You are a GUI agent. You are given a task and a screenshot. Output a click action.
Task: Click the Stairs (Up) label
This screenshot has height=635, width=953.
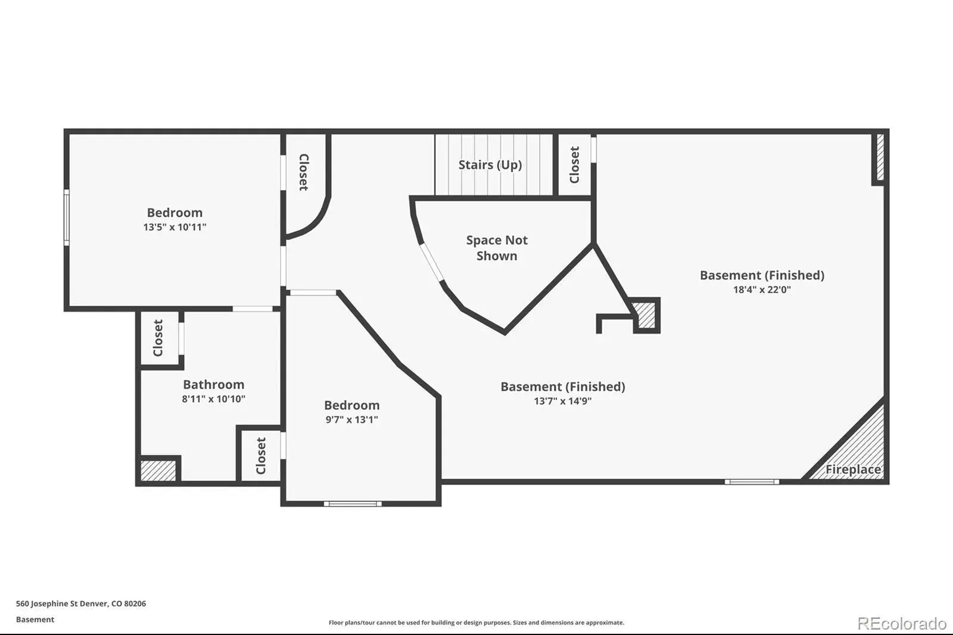point(490,165)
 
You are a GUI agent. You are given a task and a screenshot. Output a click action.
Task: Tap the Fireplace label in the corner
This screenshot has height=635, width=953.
point(853,469)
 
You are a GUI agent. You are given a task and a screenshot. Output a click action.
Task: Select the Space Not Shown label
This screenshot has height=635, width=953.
point(497,248)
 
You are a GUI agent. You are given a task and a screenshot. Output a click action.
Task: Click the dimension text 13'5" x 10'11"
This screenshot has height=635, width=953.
point(175,227)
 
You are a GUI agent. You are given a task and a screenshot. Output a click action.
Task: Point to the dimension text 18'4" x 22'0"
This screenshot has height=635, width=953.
point(762,290)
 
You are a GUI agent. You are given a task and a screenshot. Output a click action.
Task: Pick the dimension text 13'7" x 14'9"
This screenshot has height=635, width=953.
point(563,401)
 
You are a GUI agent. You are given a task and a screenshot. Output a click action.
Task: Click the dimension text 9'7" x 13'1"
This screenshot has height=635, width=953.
point(352,419)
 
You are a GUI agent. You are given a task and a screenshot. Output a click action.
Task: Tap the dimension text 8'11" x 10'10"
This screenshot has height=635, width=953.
point(214,399)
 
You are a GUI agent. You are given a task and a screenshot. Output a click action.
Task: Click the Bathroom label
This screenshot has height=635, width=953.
point(214,384)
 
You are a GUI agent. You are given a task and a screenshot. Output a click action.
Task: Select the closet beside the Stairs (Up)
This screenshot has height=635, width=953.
point(574,165)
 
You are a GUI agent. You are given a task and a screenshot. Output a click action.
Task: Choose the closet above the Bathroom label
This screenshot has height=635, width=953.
point(159,338)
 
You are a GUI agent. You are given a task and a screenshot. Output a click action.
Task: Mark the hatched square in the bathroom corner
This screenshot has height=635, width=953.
point(158,470)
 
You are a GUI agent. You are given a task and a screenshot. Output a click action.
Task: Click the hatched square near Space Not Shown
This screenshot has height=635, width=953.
point(646,315)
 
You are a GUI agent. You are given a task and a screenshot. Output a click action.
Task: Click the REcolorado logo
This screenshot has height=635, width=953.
point(902,623)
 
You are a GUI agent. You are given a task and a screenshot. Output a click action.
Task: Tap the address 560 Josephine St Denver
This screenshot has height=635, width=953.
point(63,603)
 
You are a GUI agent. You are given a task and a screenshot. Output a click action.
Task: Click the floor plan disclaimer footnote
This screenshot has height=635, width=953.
point(476,622)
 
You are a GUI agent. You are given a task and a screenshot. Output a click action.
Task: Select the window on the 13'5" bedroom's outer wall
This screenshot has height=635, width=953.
point(67,217)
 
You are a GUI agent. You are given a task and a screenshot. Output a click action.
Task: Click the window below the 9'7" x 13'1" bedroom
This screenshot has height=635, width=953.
point(353,504)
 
